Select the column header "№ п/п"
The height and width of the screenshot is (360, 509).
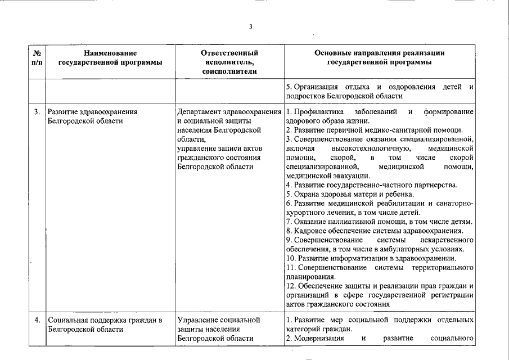[37, 57]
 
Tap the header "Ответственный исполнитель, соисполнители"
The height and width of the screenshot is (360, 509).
[229, 62]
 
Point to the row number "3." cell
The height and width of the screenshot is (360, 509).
[37, 112]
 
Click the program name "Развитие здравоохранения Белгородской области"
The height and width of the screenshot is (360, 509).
[92, 116]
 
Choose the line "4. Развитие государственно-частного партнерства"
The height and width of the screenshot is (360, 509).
[372, 185]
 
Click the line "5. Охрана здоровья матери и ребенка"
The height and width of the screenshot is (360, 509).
[350, 194]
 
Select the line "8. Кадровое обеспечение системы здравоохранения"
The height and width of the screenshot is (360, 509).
[375, 231]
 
